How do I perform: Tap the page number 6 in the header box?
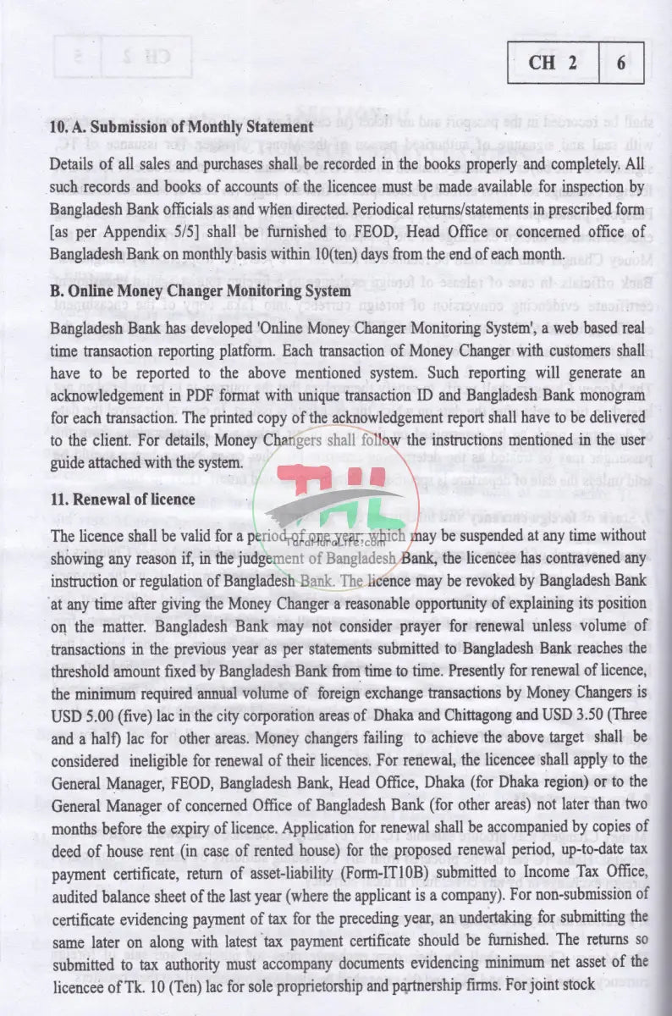click(621, 63)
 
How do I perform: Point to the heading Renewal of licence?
click(123, 500)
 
